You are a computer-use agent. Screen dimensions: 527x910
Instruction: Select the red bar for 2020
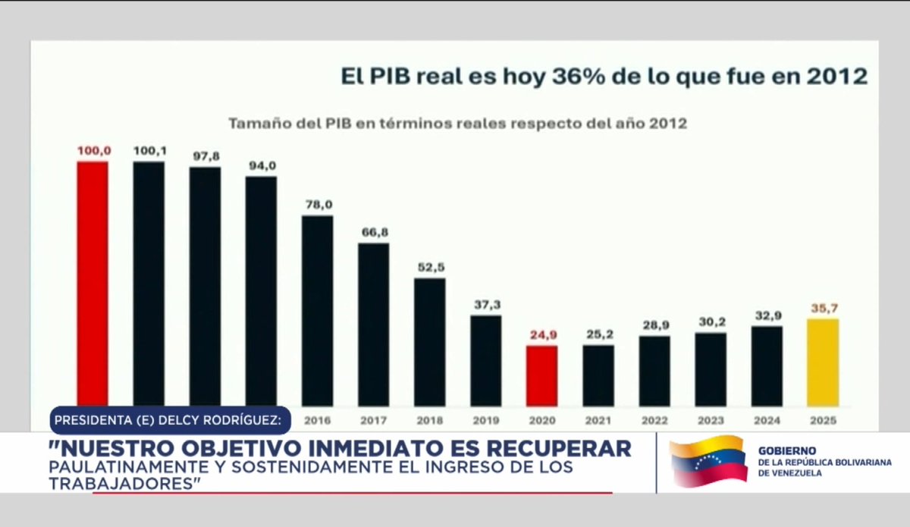point(542,375)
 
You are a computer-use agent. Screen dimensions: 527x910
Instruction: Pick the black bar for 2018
point(429,341)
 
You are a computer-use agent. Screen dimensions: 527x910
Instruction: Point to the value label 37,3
point(485,305)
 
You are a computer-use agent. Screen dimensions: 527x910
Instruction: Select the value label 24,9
point(541,334)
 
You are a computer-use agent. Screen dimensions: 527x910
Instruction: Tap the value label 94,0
point(261,165)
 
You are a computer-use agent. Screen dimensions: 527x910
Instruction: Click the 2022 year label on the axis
point(654,419)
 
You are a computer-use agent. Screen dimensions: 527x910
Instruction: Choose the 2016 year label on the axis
point(317,419)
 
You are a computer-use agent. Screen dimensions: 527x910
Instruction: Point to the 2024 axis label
point(767,419)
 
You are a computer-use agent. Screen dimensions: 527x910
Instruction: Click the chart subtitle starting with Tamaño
point(458,123)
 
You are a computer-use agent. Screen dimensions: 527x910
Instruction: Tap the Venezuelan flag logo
point(708,462)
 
